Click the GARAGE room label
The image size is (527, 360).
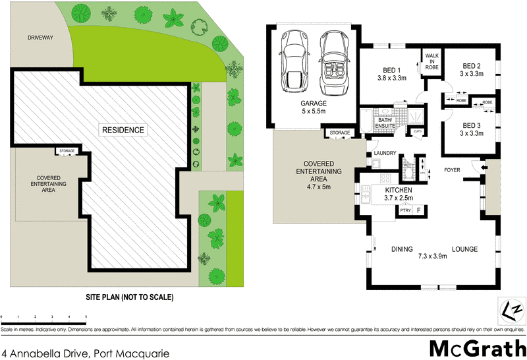[x=314, y=104]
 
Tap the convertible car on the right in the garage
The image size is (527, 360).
[x=333, y=64]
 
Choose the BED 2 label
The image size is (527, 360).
[x=472, y=66]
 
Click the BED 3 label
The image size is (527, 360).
[x=472, y=125]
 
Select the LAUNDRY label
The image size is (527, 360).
[x=384, y=154]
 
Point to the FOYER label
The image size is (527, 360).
[x=452, y=169]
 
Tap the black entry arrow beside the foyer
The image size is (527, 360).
[x=484, y=169]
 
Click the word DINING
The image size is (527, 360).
[x=401, y=249]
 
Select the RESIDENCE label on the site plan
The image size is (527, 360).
[x=123, y=130]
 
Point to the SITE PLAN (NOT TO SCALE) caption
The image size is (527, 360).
[x=130, y=297]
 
